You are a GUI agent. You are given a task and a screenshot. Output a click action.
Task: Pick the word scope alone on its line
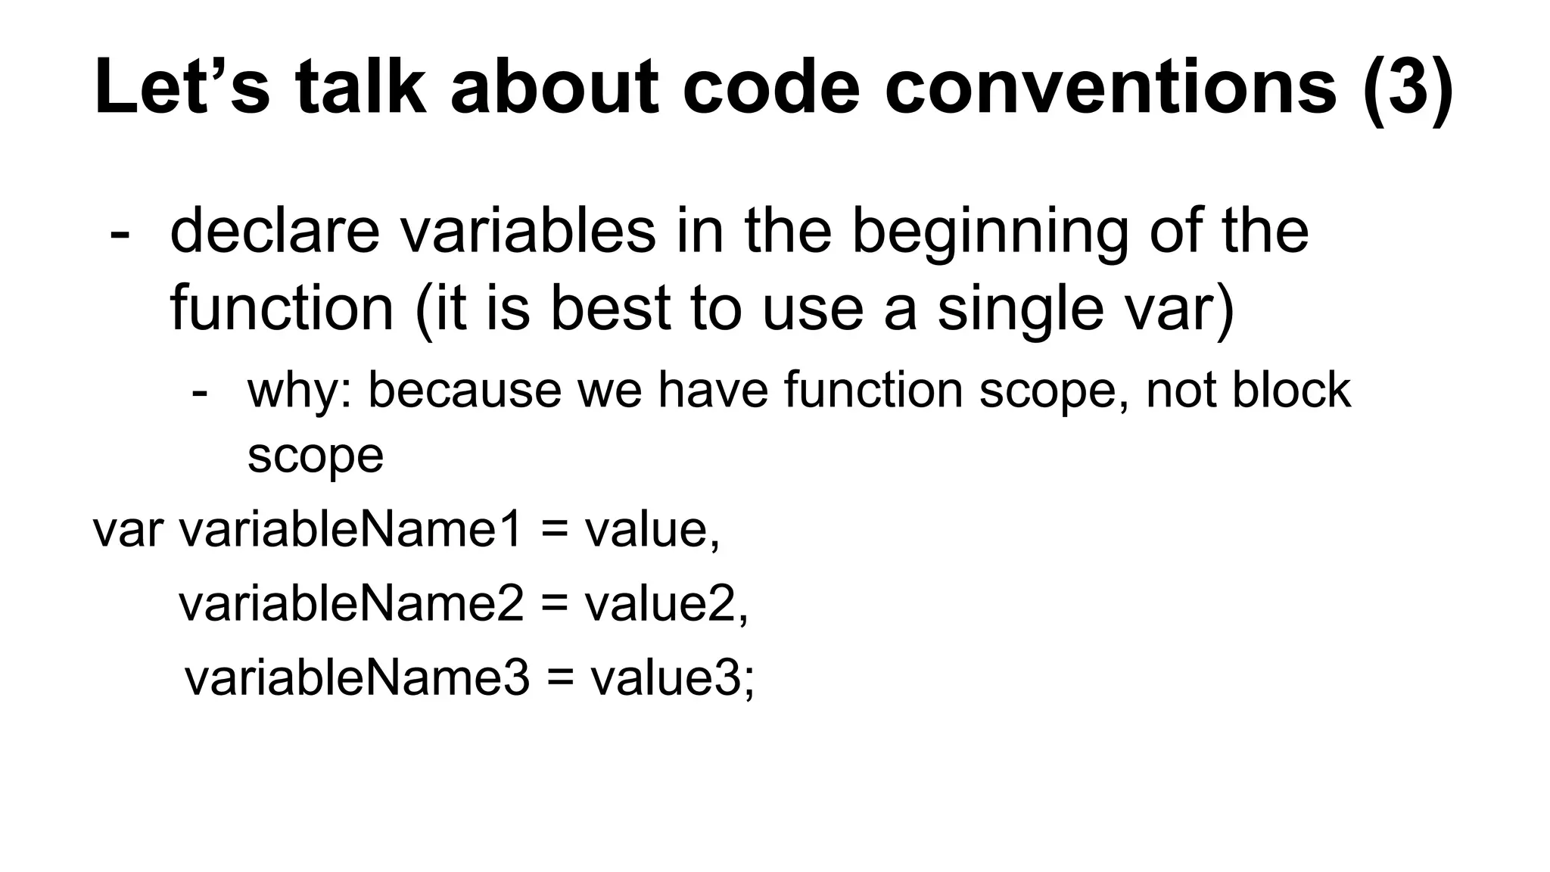(x=316, y=457)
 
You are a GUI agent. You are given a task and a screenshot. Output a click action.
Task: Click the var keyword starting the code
(x=127, y=529)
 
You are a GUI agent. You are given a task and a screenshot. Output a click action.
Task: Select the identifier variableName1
(x=350, y=529)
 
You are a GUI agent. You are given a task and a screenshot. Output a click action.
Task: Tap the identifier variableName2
(x=350, y=603)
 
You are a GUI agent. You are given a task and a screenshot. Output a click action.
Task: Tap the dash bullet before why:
(x=200, y=392)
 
